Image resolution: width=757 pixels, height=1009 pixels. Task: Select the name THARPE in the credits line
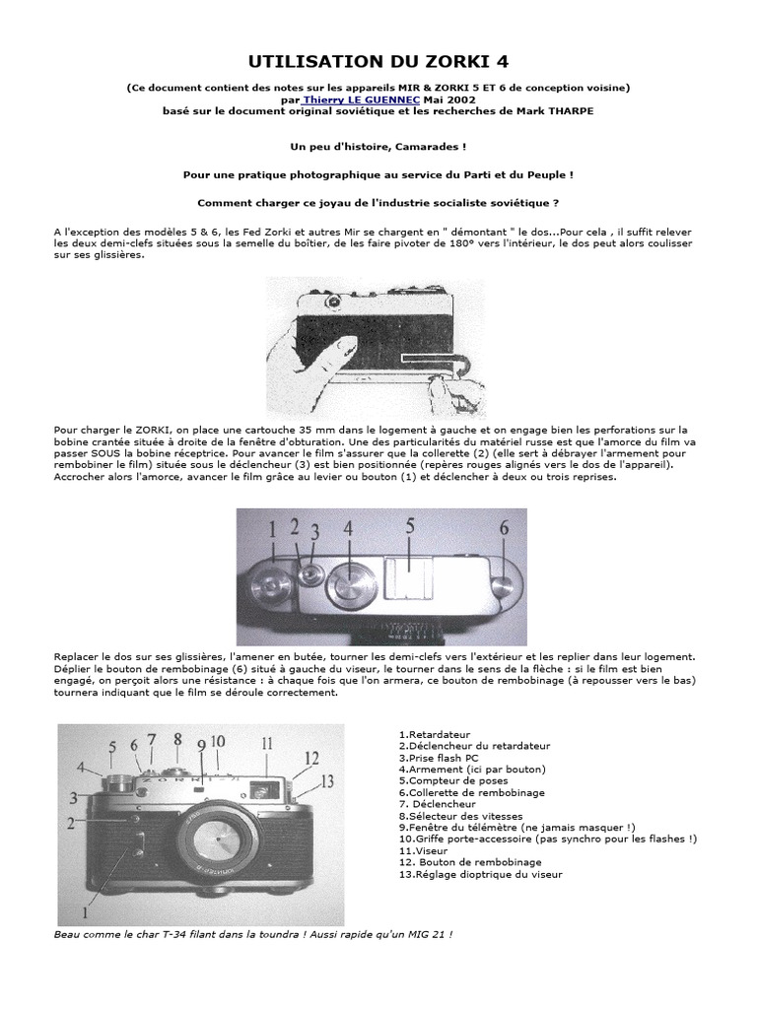tap(569, 110)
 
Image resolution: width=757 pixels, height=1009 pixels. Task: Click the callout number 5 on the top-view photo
tap(408, 527)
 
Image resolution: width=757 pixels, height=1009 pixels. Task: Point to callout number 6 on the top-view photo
tap(504, 528)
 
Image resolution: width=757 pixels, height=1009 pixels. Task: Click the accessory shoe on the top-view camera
tap(413, 575)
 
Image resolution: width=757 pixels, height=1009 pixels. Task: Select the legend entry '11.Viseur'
tap(425, 850)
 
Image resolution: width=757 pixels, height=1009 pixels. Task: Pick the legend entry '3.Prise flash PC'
tap(438, 758)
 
